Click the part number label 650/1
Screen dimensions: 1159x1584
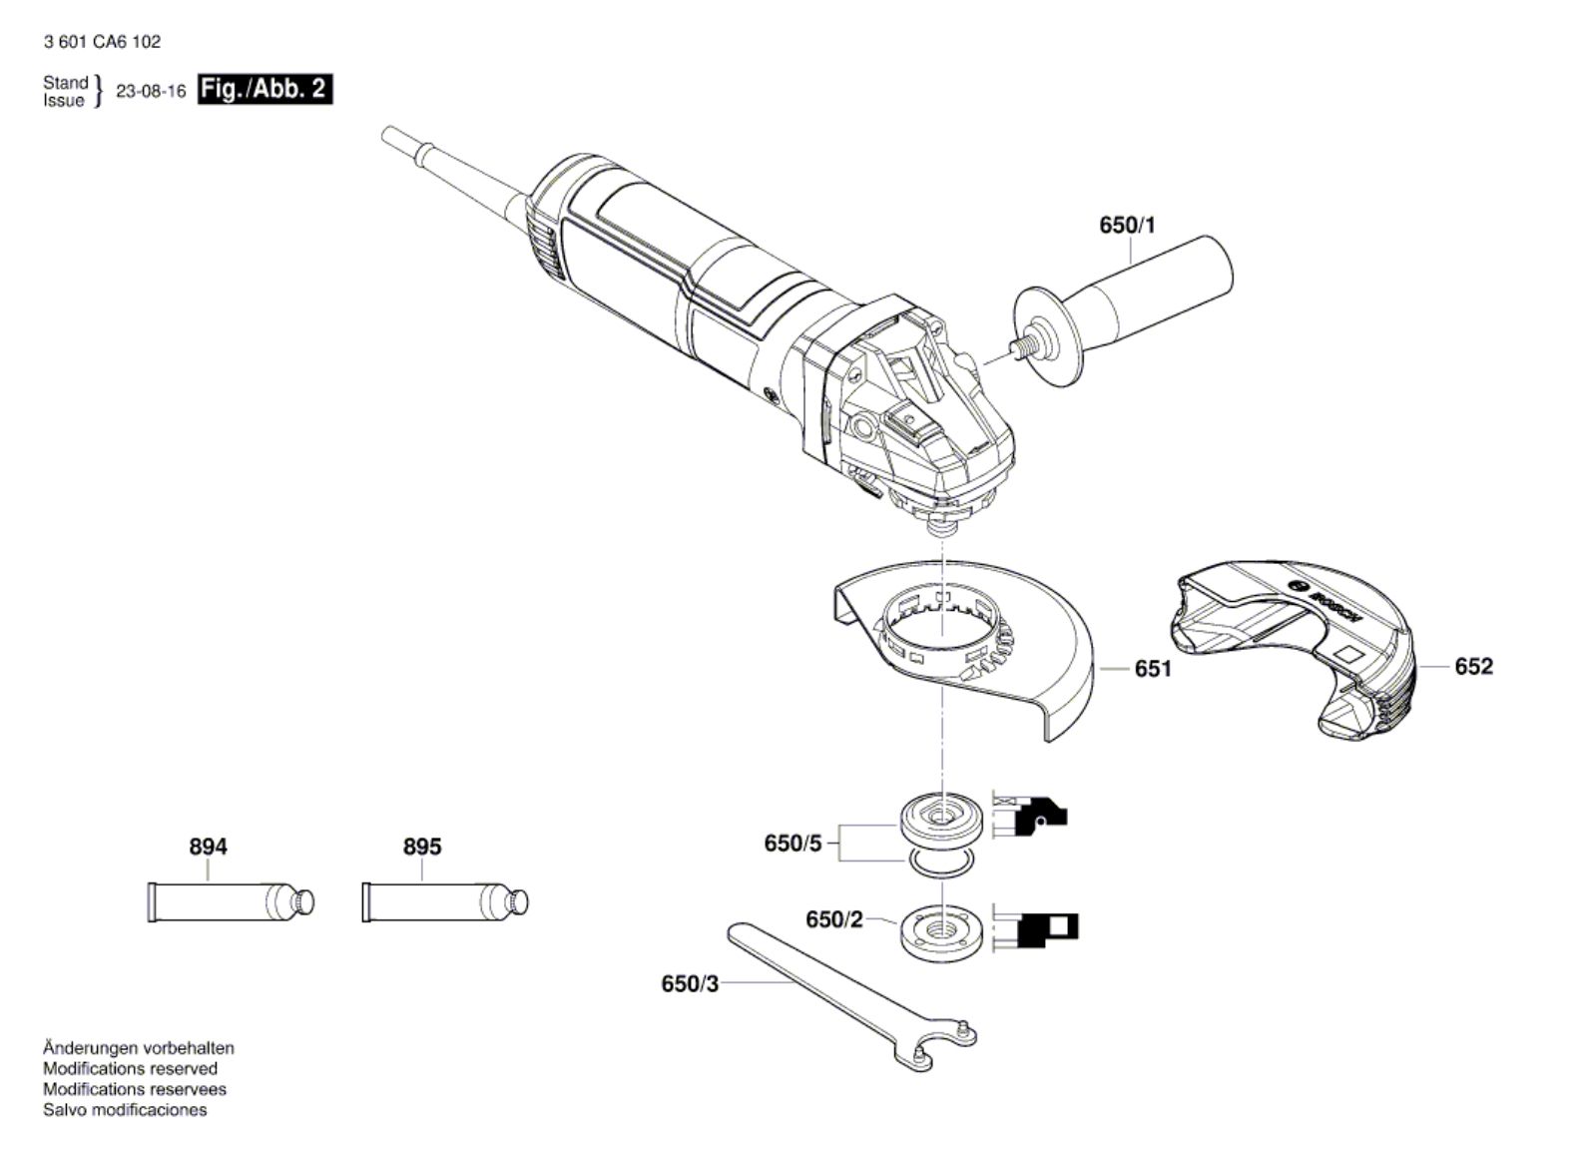coord(1127,226)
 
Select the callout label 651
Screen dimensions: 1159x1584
coord(1153,668)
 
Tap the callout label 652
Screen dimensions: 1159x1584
coord(1473,666)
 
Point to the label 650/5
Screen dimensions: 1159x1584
coord(792,844)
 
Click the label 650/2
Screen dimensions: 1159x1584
coord(833,919)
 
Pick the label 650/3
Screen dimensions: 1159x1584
coord(689,983)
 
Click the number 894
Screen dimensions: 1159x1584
coord(208,847)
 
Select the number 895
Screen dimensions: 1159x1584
coord(421,847)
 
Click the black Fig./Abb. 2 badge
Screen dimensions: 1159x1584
coord(264,89)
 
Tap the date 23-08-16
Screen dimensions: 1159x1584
coord(151,91)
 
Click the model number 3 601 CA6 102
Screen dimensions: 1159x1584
coord(102,42)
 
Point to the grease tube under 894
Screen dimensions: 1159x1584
coord(230,901)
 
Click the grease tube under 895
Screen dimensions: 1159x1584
coord(444,901)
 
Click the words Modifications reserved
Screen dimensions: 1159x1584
coord(130,1068)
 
